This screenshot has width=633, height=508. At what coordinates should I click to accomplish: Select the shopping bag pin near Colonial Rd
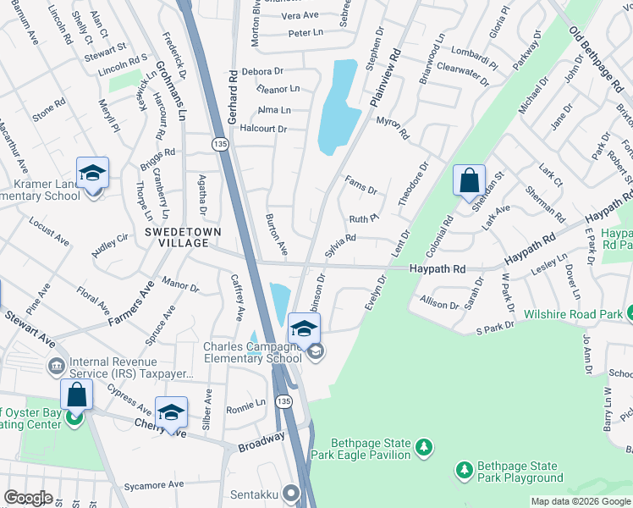[x=469, y=181]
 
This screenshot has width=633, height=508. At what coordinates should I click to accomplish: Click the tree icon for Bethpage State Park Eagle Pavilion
[x=425, y=446]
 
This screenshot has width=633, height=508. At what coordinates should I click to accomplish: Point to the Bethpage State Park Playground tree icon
[x=464, y=468]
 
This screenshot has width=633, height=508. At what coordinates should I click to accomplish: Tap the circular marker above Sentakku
[x=292, y=492]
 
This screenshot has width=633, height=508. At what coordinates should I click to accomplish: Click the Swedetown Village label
[x=176, y=237]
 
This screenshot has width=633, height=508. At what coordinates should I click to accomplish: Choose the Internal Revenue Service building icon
[x=57, y=367]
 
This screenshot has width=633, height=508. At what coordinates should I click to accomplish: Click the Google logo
[x=28, y=498]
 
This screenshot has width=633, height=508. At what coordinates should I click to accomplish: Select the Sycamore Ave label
[x=153, y=485]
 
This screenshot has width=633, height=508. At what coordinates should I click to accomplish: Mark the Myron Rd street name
[x=393, y=129]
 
